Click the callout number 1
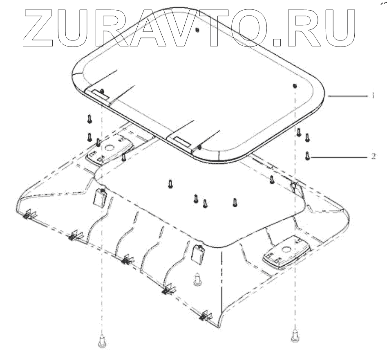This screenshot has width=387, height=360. point(373,96)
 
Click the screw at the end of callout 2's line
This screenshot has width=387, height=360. point(307,156)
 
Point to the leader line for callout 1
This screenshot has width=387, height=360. point(347,96)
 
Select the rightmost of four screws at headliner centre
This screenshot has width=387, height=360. point(235,201)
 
